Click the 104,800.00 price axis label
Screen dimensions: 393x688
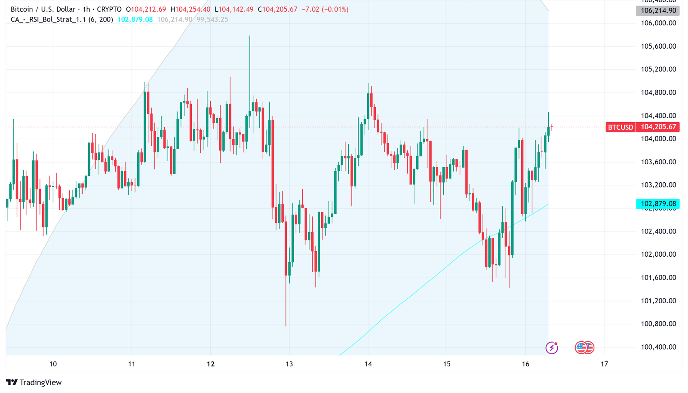pyautogui.click(x=658, y=92)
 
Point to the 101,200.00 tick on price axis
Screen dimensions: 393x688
pyautogui.click(x=658, y=301)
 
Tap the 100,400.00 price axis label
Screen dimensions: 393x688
pyautogui.click(x=658, y=347)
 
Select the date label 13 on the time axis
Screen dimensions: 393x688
pyautogui.click(x=289, y=364)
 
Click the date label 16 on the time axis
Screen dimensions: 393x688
pyautogui.click(x=525, y=364)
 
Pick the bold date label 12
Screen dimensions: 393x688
pyautogui.click(x=211, y=364)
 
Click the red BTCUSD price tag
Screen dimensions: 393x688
pyautogui.click(x=620, y=127)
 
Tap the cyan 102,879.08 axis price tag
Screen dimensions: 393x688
pyautogui.click(x=658, y=204)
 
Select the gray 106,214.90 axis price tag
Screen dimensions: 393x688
pyautogui.click(x=658, y=11)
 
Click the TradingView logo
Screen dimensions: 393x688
pyautogui.click(x=34, y=382)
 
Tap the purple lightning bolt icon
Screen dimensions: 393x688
pyautogui.click(x=552, y=347)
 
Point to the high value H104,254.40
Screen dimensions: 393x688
pyautogui.click(x=190, y=9)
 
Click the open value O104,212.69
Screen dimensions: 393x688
pyautogui.click(x=146, y=9)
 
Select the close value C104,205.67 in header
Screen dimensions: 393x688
pyautogui.click(x=277, y=9)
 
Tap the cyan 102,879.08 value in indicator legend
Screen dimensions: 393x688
pyautogui.click(x=135, y=19)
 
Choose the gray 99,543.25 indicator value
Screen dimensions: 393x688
pyautogui.click(x=212, y=19)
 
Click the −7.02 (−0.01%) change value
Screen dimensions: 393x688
pyautogui.click(x=325, y=9)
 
